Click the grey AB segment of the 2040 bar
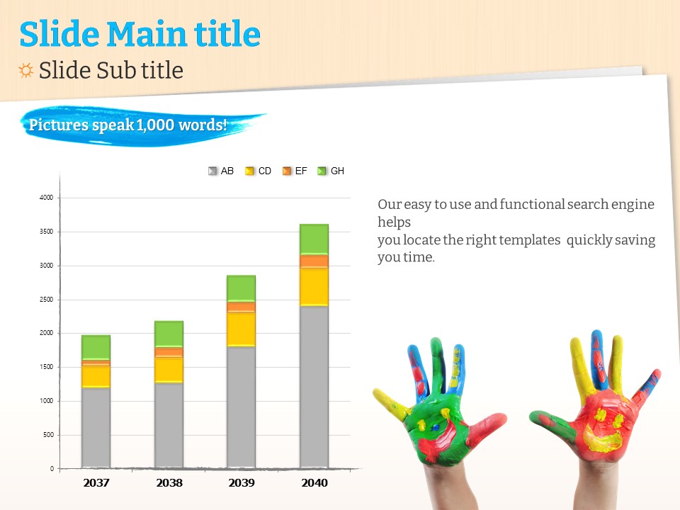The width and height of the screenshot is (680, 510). point(314,386)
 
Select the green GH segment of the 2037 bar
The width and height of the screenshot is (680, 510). point(96,346)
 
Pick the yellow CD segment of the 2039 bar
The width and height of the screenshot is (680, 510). point(241,329)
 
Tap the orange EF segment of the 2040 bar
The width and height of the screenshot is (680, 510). point(314,261)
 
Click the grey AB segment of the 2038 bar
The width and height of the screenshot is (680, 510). point(169,425)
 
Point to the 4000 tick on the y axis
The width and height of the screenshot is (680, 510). point(46,198)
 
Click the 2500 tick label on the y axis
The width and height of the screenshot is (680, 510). point(46,300)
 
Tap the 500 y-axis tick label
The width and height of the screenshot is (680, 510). point(48,435)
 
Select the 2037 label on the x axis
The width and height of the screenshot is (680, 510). point(96,483)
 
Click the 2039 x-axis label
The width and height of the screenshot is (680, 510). point(241,483)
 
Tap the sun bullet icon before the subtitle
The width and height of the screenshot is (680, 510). point(26,70)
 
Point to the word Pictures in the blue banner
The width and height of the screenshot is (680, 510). point(58,126)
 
